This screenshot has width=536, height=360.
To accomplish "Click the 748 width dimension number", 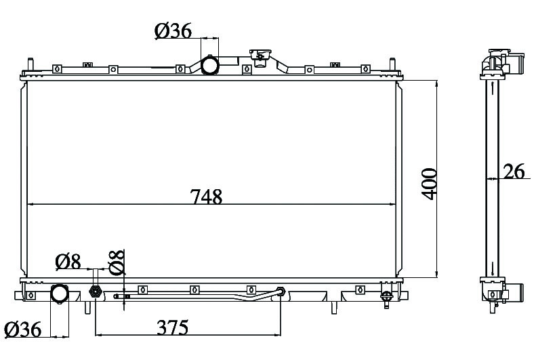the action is pos(206,197).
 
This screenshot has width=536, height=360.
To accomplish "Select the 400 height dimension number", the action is pos(429,184).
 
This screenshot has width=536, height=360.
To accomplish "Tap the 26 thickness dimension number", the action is pos(514,172).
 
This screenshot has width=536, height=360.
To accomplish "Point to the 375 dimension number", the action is pos(173,327).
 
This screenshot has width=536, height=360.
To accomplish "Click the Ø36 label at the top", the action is pos(173,31).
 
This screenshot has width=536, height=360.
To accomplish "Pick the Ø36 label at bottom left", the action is pos(23,329).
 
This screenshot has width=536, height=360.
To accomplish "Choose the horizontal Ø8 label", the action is pos(68,262).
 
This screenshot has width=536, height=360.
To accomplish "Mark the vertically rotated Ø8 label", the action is pos(117,262).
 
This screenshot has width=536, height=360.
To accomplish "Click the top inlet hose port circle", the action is pos(209,65).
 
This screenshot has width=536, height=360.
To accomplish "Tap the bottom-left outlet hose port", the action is pos(60,294).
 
